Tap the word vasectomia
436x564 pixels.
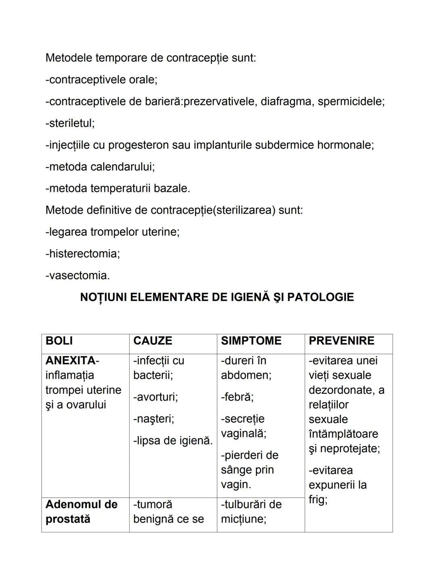pos(79,275)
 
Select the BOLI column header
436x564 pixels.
pos(59,341)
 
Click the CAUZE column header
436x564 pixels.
pos(153,341)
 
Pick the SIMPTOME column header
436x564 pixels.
pos(251,341)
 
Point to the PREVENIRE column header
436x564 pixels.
pos(342,341)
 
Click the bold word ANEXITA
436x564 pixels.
pos(71,361)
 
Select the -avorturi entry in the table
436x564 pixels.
pos(155,397)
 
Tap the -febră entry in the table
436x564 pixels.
pos(237,397)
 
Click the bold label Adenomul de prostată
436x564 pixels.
pos(81,512)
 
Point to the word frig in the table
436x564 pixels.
pos(317,499)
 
